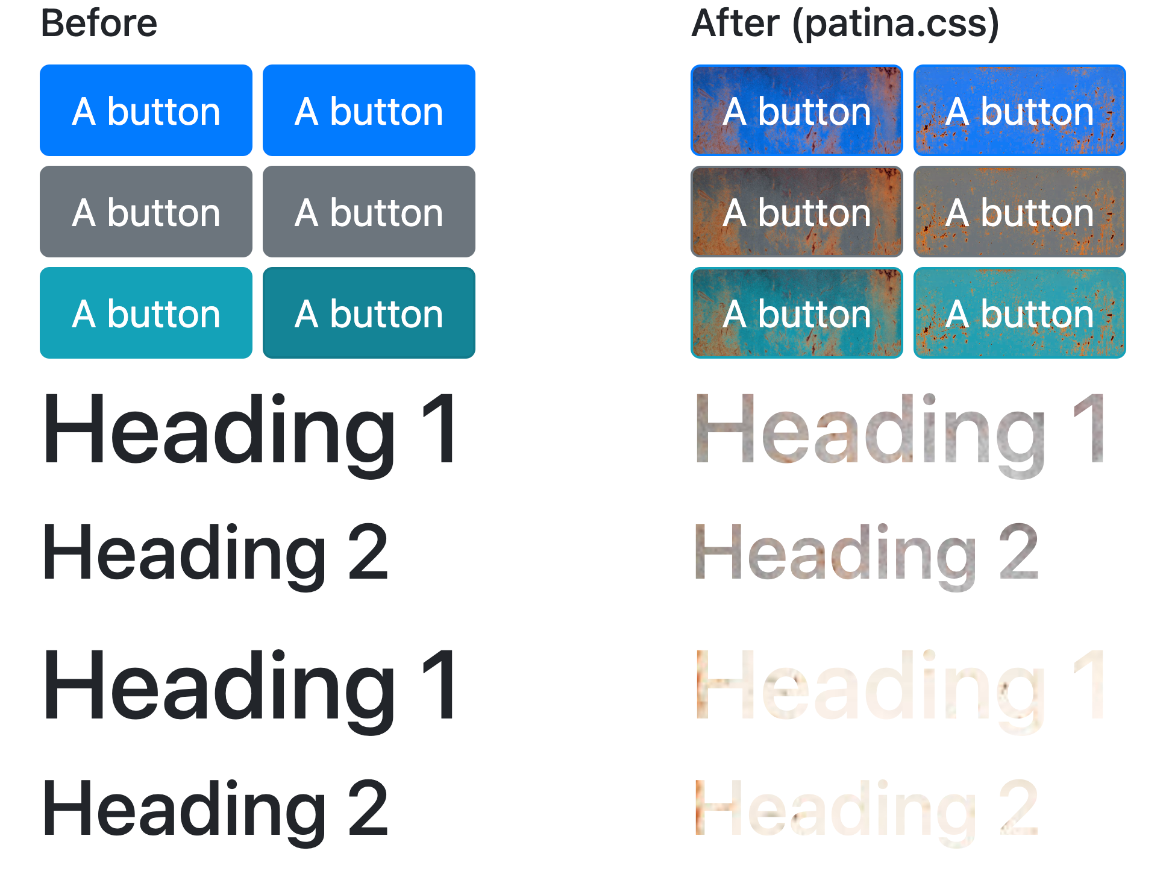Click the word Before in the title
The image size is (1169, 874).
[99, 24]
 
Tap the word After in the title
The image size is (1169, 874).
[736, 24]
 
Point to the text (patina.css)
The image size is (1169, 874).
[895, 24]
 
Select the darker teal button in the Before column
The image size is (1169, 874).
[369, 313]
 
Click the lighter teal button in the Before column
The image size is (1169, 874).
[146, 313]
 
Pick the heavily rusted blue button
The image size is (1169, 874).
[797, 110]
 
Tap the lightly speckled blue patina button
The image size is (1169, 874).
[1020, 110]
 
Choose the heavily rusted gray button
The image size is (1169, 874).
[797, 212]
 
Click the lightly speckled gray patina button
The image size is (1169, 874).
[1020, 212]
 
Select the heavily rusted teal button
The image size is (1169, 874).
[797, 313]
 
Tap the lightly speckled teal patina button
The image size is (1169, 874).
[1020, 313]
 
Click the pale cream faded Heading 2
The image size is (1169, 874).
[867, 809]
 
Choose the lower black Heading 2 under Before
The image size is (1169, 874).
[215, 809]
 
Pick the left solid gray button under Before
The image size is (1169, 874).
[146, 212]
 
